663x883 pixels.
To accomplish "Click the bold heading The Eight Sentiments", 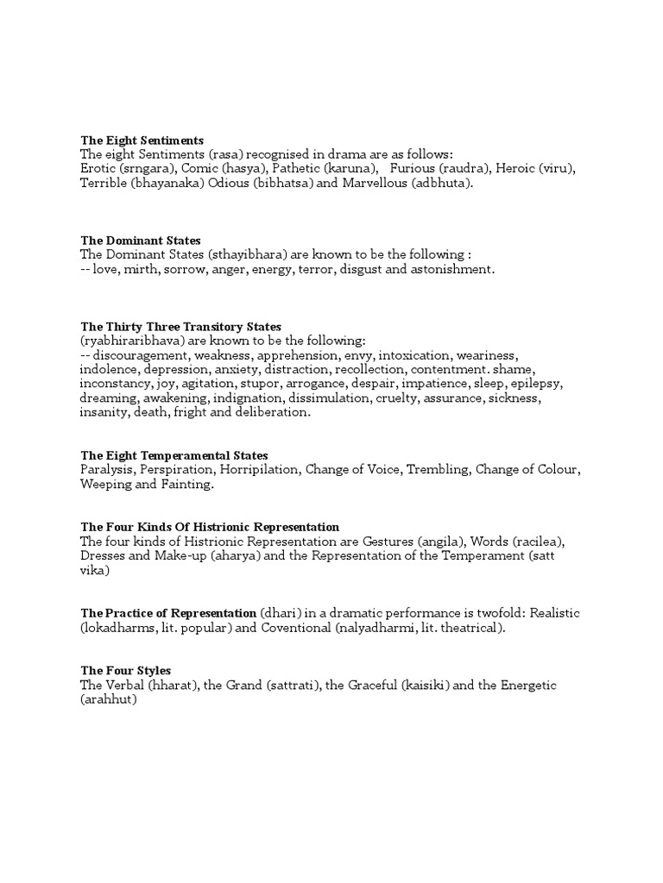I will point(142,140).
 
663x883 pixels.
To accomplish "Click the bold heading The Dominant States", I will point(141,241).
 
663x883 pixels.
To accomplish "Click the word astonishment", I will point(451,270).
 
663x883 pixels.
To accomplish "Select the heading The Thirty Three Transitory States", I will point(181,327).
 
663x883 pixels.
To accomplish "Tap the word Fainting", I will point(186,485).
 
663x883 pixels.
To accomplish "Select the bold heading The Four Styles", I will point(126,670).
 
